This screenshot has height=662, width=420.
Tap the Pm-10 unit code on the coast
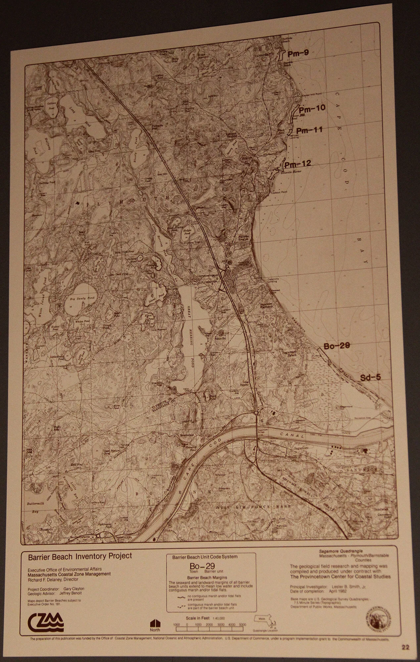(312, 108)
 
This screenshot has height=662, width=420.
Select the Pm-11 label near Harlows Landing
(309, 130)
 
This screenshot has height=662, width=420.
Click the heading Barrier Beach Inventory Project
(80, 556)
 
